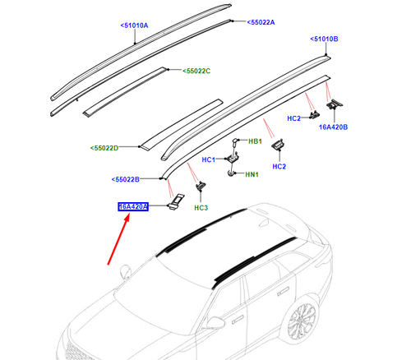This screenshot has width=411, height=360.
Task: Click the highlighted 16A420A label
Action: coord(133,207)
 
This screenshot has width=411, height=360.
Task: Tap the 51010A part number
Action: coord(136,26)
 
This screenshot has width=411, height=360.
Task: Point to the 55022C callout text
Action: coord(196,72)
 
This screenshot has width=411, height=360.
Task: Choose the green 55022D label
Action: coord(105,149)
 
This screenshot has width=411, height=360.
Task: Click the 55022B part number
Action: coord(126,179)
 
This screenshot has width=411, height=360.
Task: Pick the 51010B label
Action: coord(325,39)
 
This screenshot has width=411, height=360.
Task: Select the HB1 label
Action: coord(256,141)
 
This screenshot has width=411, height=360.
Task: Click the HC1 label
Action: coord(209,159)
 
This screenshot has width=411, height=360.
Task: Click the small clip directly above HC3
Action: coord(199,191)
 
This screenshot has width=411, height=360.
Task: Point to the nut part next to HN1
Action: coord(231,173)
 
